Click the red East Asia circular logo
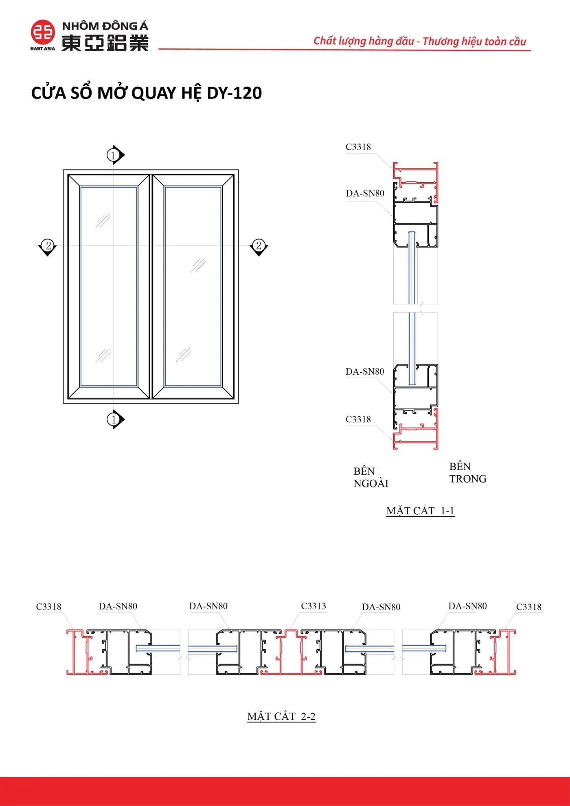coord(43,32)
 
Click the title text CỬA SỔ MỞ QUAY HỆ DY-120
coord(147,93)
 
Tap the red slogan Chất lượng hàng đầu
coord(364,41)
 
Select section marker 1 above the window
coord(115,155)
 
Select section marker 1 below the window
coord(115,419)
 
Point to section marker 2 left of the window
coord(48,247)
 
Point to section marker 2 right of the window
coord(259,247)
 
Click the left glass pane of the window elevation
coord(109,286)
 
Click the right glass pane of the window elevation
coord(193,286)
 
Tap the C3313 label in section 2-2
coord(313,606)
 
